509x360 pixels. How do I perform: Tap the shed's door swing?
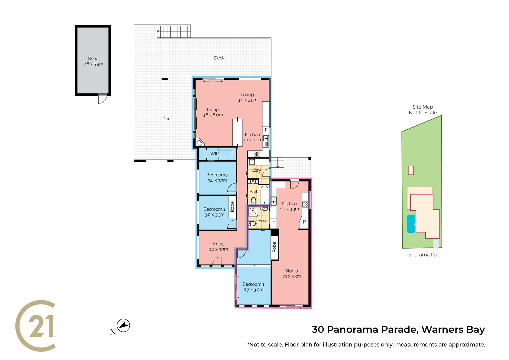[102, 99]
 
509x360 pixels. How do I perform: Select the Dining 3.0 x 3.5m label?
[247, 97]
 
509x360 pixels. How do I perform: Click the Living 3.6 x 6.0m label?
[213, 112]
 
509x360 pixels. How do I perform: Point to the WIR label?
[214, 154]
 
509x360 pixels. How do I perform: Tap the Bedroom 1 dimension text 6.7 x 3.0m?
[253, 290]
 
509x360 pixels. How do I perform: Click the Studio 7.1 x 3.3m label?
[291, 273]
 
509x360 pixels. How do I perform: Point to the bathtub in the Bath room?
[264, 195]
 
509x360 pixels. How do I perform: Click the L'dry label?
[256, 170]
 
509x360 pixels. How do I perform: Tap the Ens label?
[262, 221]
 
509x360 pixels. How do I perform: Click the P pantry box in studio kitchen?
[304, 222]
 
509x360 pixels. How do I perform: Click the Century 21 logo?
[36, 326]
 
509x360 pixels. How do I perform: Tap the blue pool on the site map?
[411, 224]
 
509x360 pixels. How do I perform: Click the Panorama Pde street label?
[423, 255]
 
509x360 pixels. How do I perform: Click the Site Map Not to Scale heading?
[423, 110]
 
